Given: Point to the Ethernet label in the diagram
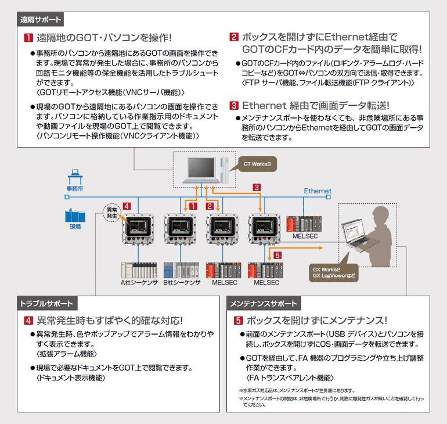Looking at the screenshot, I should pyautogui.click(x=318, y=191).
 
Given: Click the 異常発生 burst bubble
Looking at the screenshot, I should pyautogui.click(x=111, y=212).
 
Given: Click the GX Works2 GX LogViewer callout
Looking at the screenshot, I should pyautogui.click(x=333, y=272).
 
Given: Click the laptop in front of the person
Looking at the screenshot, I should pyautogui.click(x=355, y=238).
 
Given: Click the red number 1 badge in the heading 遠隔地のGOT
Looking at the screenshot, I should pyautogui.click(x=27, y=38).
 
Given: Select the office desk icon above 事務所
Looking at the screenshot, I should pyautogui.click(x=74, y=175).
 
